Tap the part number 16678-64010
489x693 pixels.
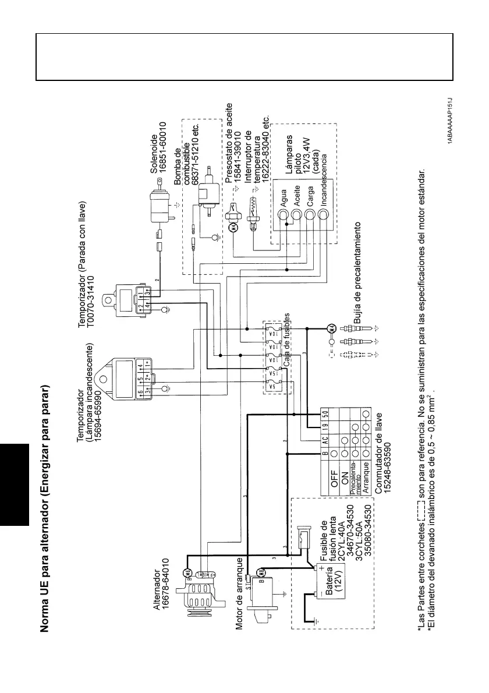pos(166,582)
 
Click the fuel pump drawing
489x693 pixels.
pos(207,201)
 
